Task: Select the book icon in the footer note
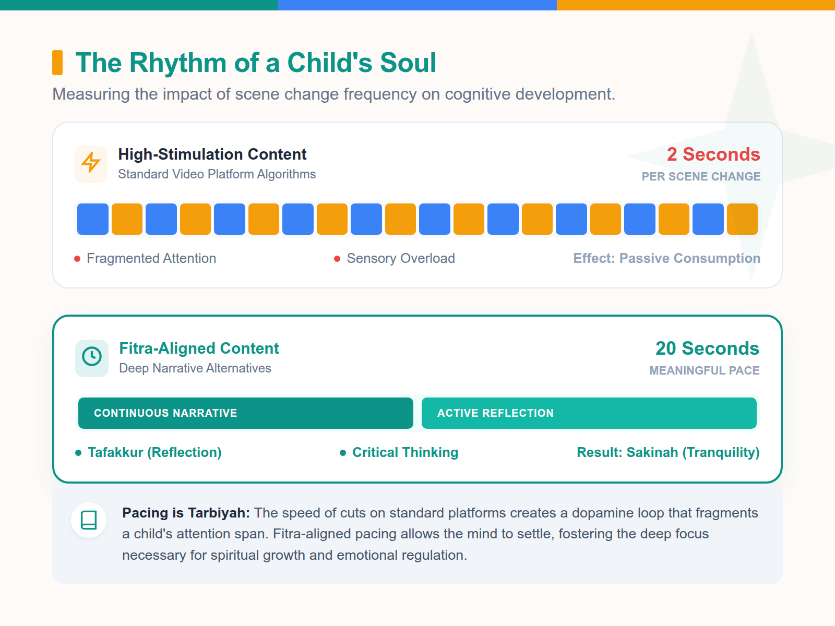[89, 520]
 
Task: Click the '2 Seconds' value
[713, 154]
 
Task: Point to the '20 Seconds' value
[707, 348]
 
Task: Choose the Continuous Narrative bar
[245, 413]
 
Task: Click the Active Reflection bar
[589, 413]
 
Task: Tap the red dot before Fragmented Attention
[77, 259]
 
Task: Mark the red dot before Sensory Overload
[337, 259]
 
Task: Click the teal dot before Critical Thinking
[343, 453]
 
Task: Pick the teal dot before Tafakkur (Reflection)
[78, 453]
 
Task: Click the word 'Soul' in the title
[408, 63]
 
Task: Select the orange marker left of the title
[57, 63]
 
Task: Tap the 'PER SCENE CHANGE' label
[701, 177]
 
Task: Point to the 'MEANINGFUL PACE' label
[704, 371]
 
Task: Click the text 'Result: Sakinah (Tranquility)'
[668, 452]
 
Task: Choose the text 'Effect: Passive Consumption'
[666, 258]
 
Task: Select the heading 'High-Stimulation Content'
[212, 154]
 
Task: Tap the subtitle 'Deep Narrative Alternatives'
[195, 368]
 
